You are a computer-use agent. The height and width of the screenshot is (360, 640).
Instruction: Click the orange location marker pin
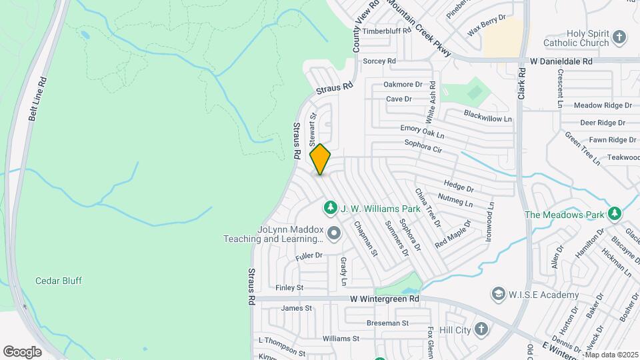(x=321, y=159)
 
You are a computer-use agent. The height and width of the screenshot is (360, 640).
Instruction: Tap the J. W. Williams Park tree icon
(x=330, y=209)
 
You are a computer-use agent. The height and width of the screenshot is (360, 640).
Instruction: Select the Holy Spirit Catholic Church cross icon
(x=619, y=37)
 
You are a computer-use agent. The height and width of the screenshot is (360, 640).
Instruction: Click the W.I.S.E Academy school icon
(x=498, y=294)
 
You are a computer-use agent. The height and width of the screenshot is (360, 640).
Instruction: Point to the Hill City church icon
(x=482, y=329)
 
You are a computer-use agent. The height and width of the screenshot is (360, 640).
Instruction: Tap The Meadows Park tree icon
(x=614, y=214)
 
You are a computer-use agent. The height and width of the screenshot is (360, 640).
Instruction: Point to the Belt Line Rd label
(x=38, y=98)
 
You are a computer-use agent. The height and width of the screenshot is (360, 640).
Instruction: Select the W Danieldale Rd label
(x=561, y=61)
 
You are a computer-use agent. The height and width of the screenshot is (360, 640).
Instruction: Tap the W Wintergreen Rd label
(x=385, y=299)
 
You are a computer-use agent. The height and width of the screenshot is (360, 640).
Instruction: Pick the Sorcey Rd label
(x=379, y=61)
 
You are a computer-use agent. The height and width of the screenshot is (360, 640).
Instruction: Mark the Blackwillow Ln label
(x=488, y=116)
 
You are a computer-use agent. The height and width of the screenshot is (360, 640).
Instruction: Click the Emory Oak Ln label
(x=422, y=129)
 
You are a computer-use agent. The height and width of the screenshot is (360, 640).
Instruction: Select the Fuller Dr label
(x=309, y=255)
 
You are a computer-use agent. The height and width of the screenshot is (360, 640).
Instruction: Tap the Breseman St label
(x=387, y=323)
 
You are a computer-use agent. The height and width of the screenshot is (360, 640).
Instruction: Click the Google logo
(x=22, y=351)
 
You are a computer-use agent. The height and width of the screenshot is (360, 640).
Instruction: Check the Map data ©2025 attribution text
(x=611, y=355)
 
